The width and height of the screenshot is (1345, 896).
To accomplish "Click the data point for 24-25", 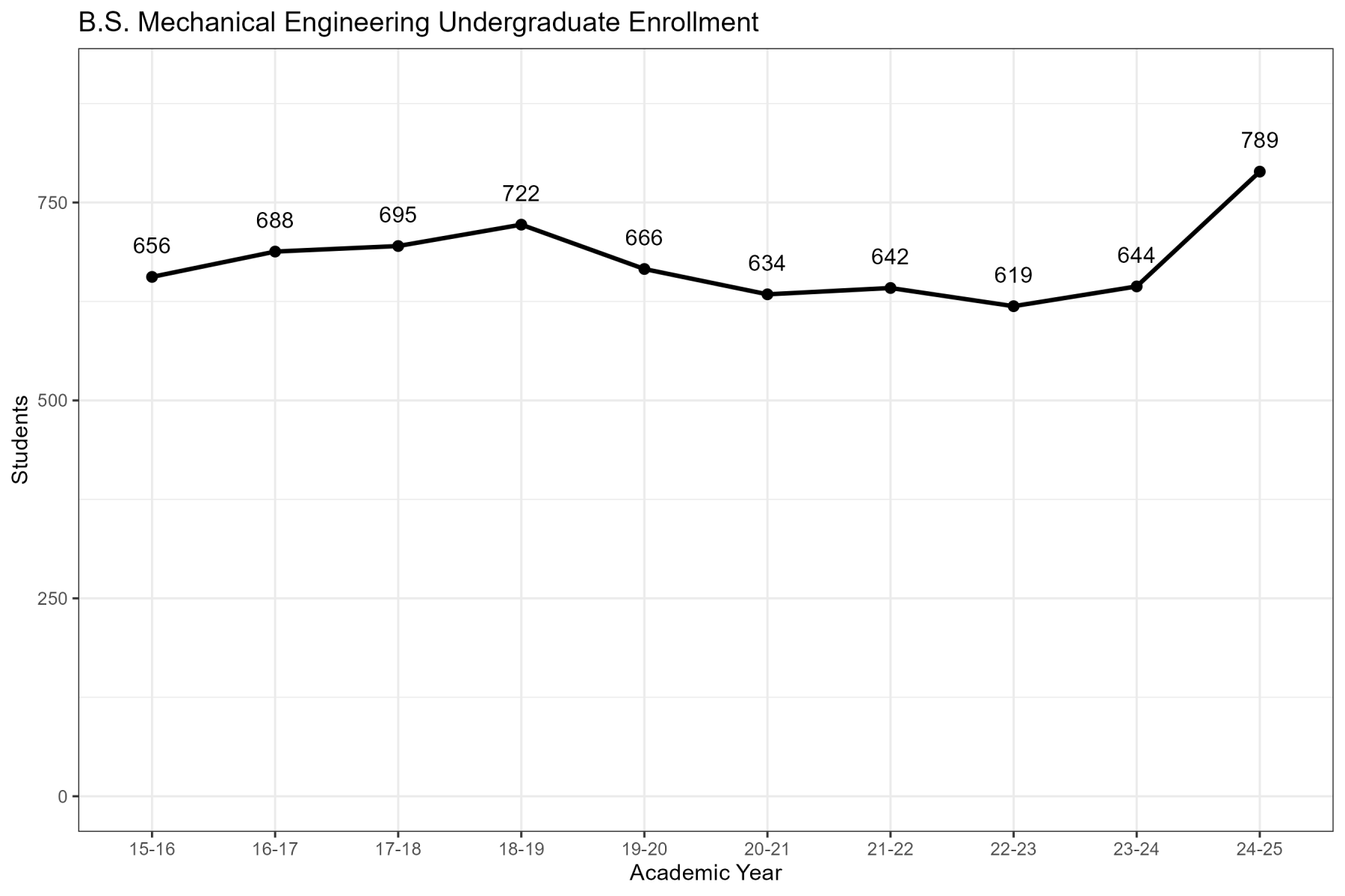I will pyautogui.click(x=1259, y=172).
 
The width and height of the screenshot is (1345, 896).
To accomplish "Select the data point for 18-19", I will pyautogui.click(x=521, y=225).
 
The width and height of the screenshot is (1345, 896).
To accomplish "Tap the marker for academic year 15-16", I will pyautogui.click(x=152, y=277).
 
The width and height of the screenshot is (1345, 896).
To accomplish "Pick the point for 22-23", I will pyautogui.click(x=1013, y=306).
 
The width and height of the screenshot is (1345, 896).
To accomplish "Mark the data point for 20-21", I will pyautogui.click(x=767, y=294).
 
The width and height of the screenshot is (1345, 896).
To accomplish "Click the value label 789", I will pyautogui.click(x=1259, y=140).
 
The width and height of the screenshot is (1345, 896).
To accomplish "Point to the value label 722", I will pyautogui.click(x=521, y=194).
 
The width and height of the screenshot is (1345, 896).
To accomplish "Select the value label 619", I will pyautogui.click(x=1013, y=276).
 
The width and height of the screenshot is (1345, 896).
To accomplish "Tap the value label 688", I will pyautogui.click(x=275, y=221).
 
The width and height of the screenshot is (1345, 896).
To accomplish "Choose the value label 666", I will pyautogui.click(x=644, y=238).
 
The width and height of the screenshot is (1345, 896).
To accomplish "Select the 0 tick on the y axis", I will pyautogui.click(x=63, y=797).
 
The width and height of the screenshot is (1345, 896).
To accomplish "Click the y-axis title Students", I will pyautogui.click(x=20, y=439).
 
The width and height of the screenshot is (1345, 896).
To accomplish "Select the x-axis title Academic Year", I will pyautogui.click(x=705, y=873).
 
